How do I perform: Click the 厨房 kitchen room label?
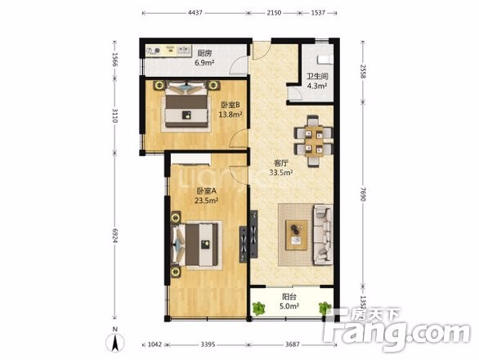pyautogui.click(x=204, y=53)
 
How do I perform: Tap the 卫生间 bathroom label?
pyautogui.click(x=317, y=76)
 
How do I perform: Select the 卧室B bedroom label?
pyautogui.click(x=231, y=106)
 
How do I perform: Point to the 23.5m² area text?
pyautogui.click(x=207, y=200)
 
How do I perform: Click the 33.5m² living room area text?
pyautogui.click(x=281, y=173)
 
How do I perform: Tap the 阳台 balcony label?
pyautogui.click(x=289, y=297)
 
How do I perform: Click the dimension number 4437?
pyautogui.click(x=195, y=13)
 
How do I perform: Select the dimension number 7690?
pyautogui.click(x=363, y=194)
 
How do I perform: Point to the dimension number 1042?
pyautogui.click(x=154, y=344)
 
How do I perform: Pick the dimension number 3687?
pyautogui.click(x=292, y=344)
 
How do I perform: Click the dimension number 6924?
pyautogui.click(x=115, y=236)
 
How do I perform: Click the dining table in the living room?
pyautogui.click(x=315, y=141)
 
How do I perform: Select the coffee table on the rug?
pyautogui.click(x=297, y=235)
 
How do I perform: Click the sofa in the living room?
pyautogui.click(x=323, y=235)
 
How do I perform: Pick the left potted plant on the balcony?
pyautogui.click(x=259, y=308)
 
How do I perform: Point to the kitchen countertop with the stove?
pyautogui.click(x=168, y=51)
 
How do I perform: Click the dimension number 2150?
pyautogui.click(x=274, y=13)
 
